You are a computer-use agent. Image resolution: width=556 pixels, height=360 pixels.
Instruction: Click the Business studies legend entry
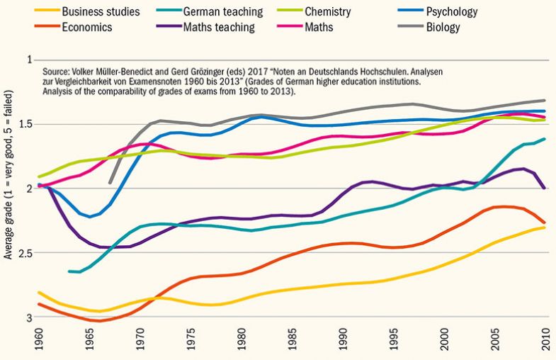[100, 12]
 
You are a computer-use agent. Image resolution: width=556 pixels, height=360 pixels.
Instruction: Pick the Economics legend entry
[88, 28]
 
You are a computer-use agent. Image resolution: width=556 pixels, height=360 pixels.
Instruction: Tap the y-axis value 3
[29, 317]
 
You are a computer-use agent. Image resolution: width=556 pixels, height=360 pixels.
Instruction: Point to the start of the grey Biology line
[110, 182]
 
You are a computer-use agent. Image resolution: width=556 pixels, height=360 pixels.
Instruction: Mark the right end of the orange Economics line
[545, 222]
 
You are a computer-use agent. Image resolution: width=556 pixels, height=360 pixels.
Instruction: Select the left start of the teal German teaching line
[69, 271]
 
